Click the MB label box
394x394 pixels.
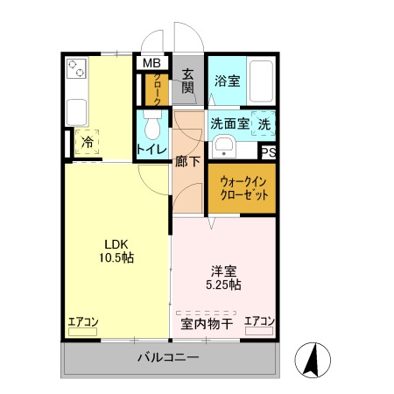[x=151, y=63]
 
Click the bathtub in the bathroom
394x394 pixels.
[x=261, y=81]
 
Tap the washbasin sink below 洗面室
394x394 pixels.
[x=224, y=145]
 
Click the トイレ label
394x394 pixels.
[x=151, y=151]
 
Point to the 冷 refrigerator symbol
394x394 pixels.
[x=88, y=141]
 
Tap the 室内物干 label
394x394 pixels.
[x=207, y=324]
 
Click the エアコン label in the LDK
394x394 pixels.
[x=83, y=322]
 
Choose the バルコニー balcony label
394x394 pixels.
[x=168, y=357]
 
